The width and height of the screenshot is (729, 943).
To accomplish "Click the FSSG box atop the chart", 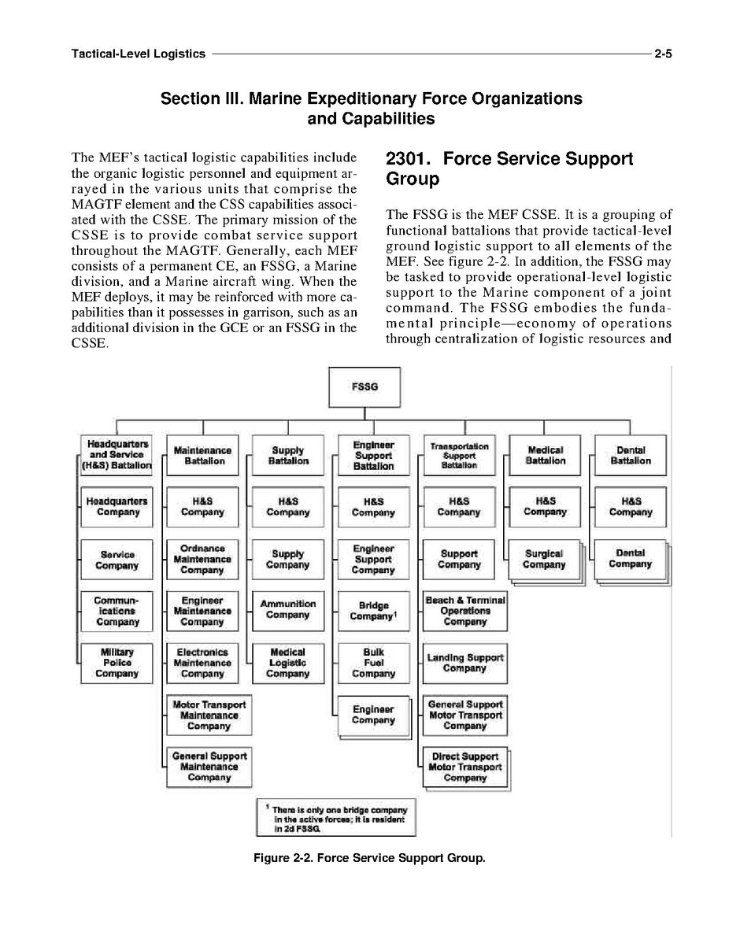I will [x=364, y=387].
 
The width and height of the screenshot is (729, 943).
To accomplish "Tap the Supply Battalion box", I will [x=288, y=456].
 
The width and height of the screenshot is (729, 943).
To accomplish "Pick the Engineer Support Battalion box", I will [x=373, y=456].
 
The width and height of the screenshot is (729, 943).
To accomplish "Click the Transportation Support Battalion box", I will [x=459, y=456].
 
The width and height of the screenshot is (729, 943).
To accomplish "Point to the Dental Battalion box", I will [x=631, y=456].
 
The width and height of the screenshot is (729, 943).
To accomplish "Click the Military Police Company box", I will [x=117, y=663].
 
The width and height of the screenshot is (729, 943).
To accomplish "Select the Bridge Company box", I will [x=373, y=611].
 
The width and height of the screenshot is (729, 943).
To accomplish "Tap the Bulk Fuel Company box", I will [x=373, y=663].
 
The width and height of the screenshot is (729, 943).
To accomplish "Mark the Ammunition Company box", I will [x=288, y=609].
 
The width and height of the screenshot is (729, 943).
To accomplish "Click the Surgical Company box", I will [x=545, y=559].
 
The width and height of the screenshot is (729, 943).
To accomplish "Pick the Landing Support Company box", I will [x=464, y=663].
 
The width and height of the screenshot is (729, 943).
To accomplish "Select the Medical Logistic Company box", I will [x=288, y=663].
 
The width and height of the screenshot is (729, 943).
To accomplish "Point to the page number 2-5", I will [x=661, y=54].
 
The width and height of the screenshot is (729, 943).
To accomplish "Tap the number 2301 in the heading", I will [x=406, y=159].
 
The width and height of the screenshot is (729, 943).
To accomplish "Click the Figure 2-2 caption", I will [x=369, y=857].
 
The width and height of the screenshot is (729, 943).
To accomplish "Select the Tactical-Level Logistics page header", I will [x=138, y=54].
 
